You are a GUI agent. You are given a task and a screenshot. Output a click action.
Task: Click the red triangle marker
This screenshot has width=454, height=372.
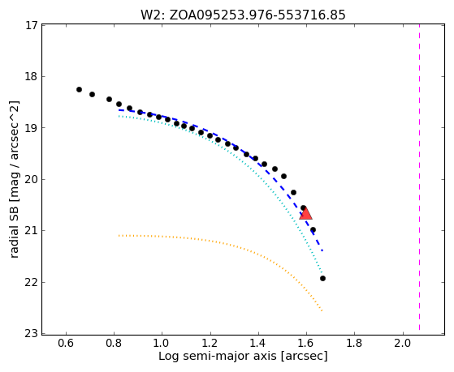(x=305, y=213)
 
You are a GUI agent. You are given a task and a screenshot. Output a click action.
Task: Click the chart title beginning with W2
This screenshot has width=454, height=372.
(x=243, y=15)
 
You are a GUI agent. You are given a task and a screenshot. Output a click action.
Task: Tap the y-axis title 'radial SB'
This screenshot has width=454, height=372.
(x=15, y=180)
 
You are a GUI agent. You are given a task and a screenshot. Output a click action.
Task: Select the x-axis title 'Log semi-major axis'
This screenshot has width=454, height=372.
(x=243, y=356)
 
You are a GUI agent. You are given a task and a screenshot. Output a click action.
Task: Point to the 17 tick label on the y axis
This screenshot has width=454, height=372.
(x=32, y=25)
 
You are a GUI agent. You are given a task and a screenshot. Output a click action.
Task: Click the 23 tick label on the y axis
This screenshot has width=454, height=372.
(x=32, y=334)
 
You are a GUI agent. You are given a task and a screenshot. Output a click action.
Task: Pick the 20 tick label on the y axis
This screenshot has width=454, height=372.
(x=32, y=179)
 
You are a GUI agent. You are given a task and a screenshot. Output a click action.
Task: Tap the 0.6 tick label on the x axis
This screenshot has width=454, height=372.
(x=66, y=343)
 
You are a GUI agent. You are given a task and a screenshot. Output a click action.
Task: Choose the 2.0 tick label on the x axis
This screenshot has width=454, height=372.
(x=403, y=343)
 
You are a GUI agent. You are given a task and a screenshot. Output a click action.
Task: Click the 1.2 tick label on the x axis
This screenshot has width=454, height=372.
(x=210, y=343)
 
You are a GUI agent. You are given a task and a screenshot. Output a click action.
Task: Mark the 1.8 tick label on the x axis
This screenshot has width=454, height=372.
(x=355, y=343)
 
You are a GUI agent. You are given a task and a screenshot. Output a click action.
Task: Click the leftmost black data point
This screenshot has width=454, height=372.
(x=79, y=90)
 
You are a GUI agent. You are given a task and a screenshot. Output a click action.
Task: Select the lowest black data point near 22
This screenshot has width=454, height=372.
(x=323, y=278)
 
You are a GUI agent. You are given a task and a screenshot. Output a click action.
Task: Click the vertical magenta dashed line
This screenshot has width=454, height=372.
(x=420, y=177)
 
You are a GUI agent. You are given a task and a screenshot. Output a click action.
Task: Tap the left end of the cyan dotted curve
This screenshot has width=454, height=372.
(x=119, y=116)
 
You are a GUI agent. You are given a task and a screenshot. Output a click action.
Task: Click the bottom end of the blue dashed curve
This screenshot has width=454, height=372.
(x=322, y=251)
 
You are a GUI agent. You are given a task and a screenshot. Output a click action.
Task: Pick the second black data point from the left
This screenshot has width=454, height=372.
(x=92, y=94)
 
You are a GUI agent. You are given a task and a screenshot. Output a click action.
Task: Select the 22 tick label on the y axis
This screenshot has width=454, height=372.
(x=32, y=282)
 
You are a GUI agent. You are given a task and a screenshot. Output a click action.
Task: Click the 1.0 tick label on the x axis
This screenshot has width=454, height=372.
(x=162, y=343)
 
